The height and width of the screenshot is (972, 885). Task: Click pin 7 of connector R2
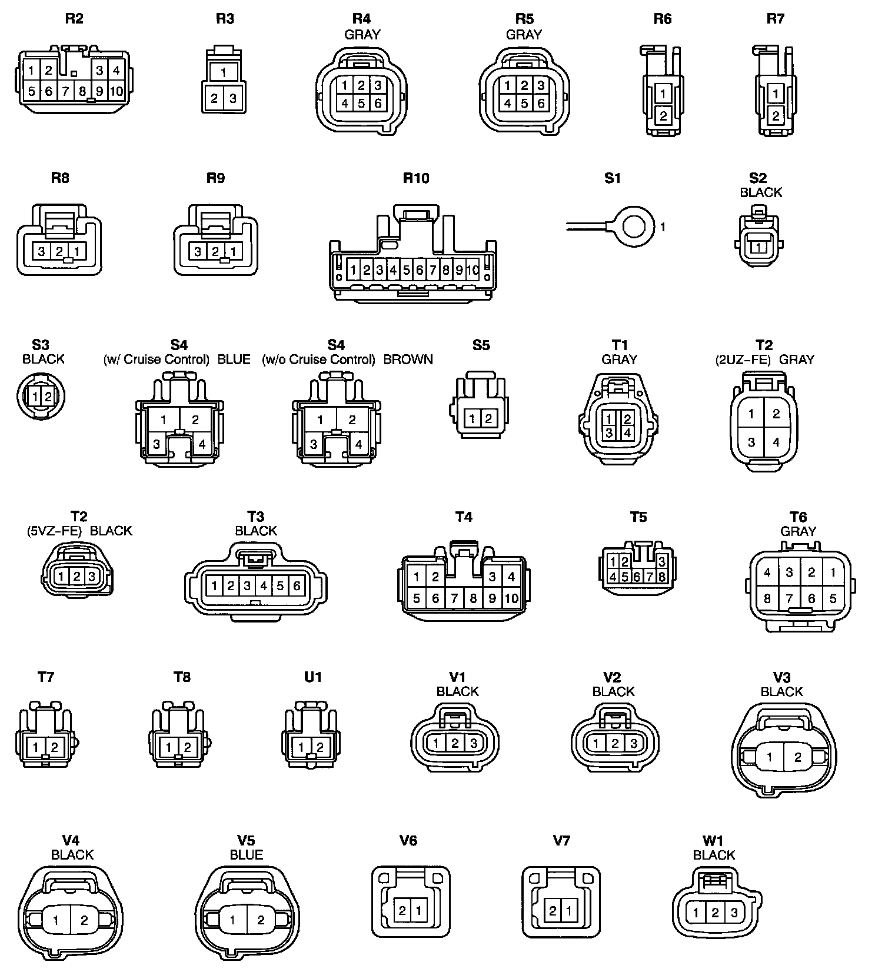coord(66,91)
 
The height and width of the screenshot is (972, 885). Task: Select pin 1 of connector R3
coord(224,73)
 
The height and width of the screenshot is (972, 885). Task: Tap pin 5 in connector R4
coord(361,104)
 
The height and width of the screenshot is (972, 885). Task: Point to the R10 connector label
coord(416,178)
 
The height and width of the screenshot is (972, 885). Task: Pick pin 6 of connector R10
coord(420,271)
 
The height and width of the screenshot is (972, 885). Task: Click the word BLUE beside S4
coord(234,359)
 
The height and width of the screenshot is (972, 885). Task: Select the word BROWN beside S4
coord(408,359)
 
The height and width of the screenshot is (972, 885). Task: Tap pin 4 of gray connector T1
coord(627,433)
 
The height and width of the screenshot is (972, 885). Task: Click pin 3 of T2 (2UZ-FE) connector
coord(751,442)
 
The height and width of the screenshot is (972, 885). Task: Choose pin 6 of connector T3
coord(297,585)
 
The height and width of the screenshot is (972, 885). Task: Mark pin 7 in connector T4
coord(454,599)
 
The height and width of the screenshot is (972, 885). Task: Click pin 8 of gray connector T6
coord(767,599)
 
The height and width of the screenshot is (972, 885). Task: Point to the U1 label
coord(313,677)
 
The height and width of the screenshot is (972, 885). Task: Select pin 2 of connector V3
coord(797,758)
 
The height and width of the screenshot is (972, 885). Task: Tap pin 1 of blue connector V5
coord(233,920)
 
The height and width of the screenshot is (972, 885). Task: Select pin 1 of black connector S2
coord(760,248)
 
